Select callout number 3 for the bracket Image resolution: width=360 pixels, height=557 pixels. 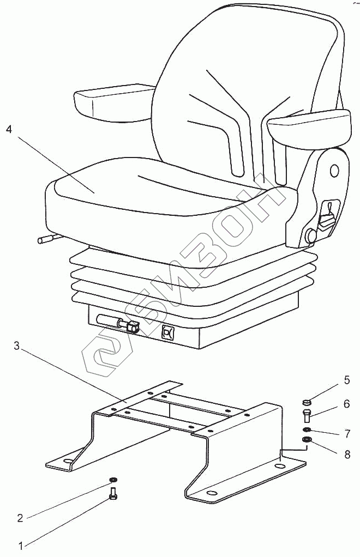pyautogui.click(x=17, y=346)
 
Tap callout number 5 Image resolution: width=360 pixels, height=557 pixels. pyautogui.click(x=346, y=380)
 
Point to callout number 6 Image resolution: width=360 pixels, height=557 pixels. pyautogui.click(x=346, y=404)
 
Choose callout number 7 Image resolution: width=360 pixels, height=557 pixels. pyautogui.click(x=346, y=434)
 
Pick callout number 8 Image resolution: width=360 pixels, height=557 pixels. pyautogui.click(x=346, y=453)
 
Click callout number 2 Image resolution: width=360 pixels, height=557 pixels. pyautogui.click(x=20, y=518)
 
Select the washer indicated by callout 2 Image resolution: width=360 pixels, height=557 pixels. pyautogui.click(x=113, y=480)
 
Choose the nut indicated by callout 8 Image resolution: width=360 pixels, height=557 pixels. pyautogui.click(x=307, y=440)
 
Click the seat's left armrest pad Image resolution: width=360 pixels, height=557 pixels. pyautogui.click(x=113, y=102)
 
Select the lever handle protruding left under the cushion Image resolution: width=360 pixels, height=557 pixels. pyautogui.click(x=48, y=239)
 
